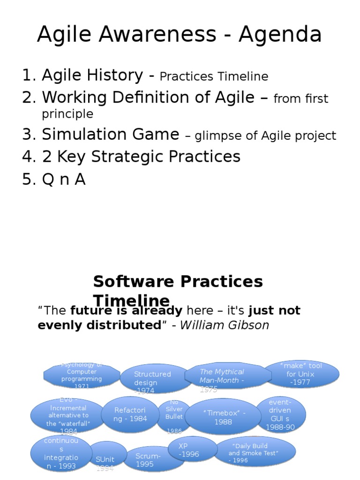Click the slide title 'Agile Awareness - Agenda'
coord(180,35)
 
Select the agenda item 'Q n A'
coord(63,179)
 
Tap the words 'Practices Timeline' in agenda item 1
coord(214,76)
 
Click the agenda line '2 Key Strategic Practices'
coord(141,157)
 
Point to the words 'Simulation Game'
coord(111,135)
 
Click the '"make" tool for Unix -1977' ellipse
coord(301,374)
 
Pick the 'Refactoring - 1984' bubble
coord(130,414)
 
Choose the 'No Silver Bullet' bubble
coord(174,415)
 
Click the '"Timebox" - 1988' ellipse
coord(224,417)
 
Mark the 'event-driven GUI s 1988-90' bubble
coord(280,415)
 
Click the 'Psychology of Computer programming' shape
coord(81,375)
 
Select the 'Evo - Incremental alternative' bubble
coord(68,415)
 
